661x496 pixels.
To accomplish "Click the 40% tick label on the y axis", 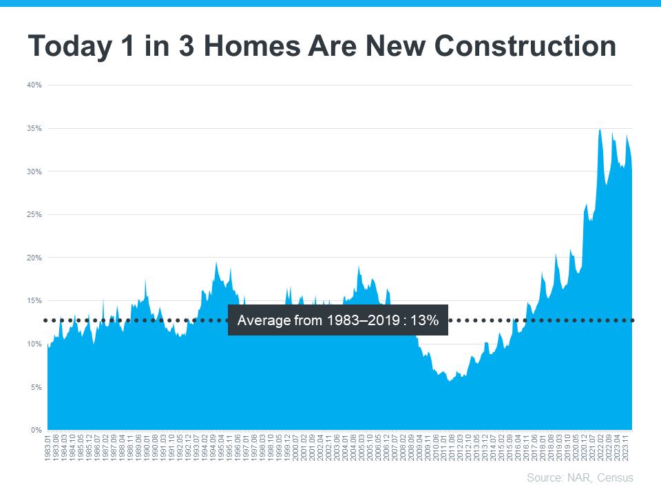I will click(34, 85).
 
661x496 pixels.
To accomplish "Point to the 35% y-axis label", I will click(34, 129).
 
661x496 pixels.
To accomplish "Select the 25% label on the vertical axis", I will click(34, 215).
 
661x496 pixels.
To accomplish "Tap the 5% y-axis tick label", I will click(36, 387).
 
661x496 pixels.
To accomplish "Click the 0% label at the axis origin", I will click(36, 431).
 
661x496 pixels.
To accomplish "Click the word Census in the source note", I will click(614, 477).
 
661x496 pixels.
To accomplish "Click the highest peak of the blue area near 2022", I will click(600, 130).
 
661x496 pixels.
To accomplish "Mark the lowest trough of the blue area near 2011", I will click(450, 381).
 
